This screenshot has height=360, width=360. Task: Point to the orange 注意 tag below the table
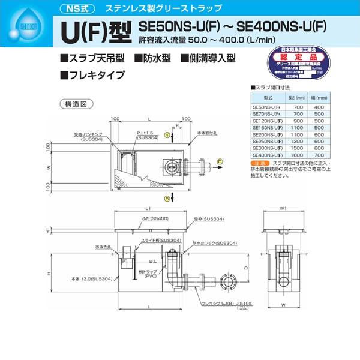coord(259,163)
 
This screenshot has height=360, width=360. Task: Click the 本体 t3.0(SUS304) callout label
coord(88,279)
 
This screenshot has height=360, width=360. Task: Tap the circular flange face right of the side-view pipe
coord(229,281)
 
